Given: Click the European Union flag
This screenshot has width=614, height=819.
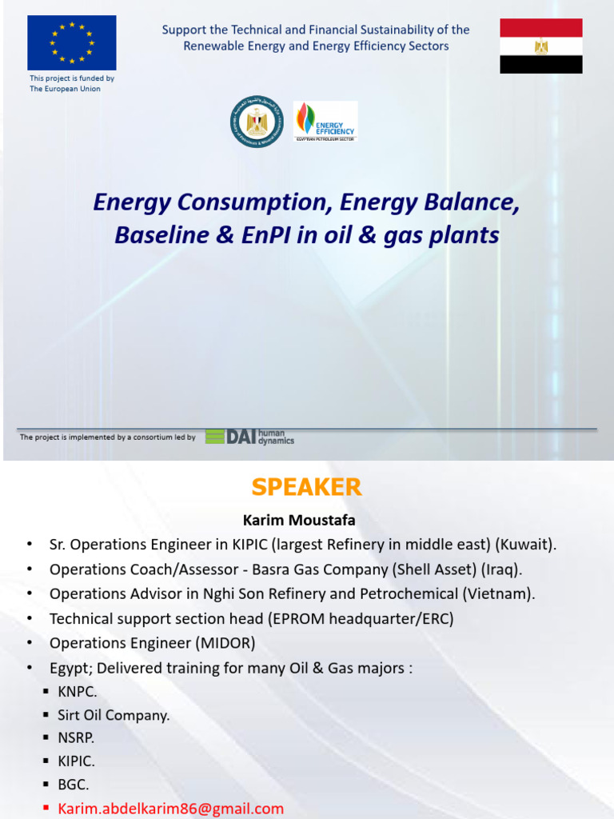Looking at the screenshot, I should pos(72,42).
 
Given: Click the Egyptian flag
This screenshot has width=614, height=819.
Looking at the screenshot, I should pos(541,45).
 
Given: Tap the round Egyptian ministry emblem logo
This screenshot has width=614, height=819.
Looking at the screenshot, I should pos(257,122).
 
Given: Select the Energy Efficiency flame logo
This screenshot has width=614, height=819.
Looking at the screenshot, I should pos(325,122).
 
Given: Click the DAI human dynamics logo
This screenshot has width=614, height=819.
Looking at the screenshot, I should pos(249,437).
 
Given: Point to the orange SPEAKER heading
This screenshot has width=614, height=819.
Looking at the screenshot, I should pos(306,487).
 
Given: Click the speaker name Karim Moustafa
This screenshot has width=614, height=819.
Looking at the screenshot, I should pos(299,521).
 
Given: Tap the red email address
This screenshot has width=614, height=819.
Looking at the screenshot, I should pos(170,809).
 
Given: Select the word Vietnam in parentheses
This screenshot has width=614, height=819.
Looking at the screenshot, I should pos(504,593).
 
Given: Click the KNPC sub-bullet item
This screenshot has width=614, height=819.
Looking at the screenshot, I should pos(77,692).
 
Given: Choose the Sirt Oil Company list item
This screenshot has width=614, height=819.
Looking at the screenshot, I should pos(113,715).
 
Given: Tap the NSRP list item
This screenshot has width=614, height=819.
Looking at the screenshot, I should pos(75,738).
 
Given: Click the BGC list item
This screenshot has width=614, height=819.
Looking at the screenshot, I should pos(73,785).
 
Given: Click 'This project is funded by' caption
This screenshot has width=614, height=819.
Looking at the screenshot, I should pos(72,78).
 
